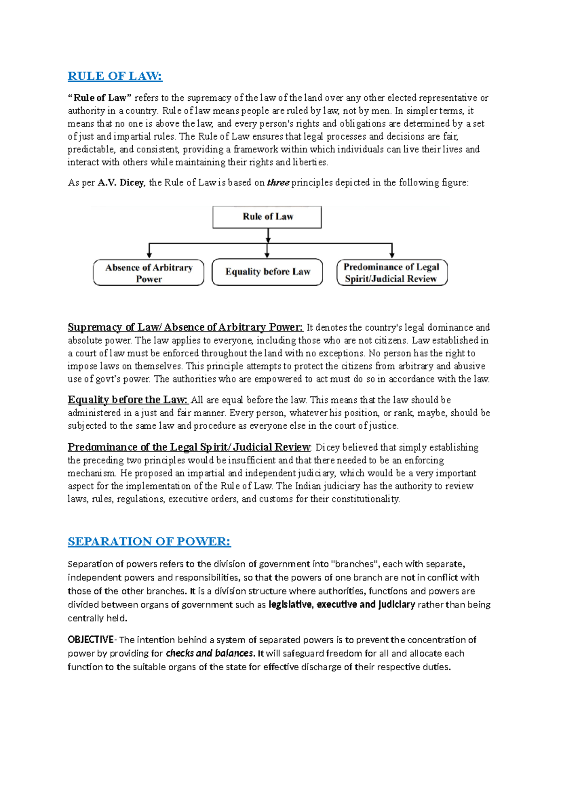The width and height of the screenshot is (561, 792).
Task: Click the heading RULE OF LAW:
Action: click(115, 76)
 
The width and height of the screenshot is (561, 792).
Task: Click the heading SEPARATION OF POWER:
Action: click(149, 541)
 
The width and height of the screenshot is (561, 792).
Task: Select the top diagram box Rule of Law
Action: click(267, 217)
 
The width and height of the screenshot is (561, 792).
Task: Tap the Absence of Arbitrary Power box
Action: click(149, 273)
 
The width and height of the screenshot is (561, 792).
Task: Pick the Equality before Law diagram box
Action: click(267, 272)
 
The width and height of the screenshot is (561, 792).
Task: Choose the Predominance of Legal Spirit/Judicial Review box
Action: click(392, 273)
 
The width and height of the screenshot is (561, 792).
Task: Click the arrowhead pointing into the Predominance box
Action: click(392, 254)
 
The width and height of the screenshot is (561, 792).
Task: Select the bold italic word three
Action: click(278, 183)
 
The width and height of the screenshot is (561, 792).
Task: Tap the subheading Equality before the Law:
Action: click(128, 400)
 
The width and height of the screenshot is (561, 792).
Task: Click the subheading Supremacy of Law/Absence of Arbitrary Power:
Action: click(185, 327)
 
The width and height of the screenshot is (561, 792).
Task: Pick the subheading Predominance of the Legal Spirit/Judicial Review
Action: click(189, 447)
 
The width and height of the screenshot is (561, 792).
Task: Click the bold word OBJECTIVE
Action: click(90, 639)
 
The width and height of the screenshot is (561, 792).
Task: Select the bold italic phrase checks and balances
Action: click(210, 653)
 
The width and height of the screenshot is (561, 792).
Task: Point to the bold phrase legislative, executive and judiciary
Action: click(342, 604)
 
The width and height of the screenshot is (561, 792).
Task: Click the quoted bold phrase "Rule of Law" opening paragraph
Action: click(100, 98)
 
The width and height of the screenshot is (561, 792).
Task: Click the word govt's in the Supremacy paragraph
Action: click(109, 379)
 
